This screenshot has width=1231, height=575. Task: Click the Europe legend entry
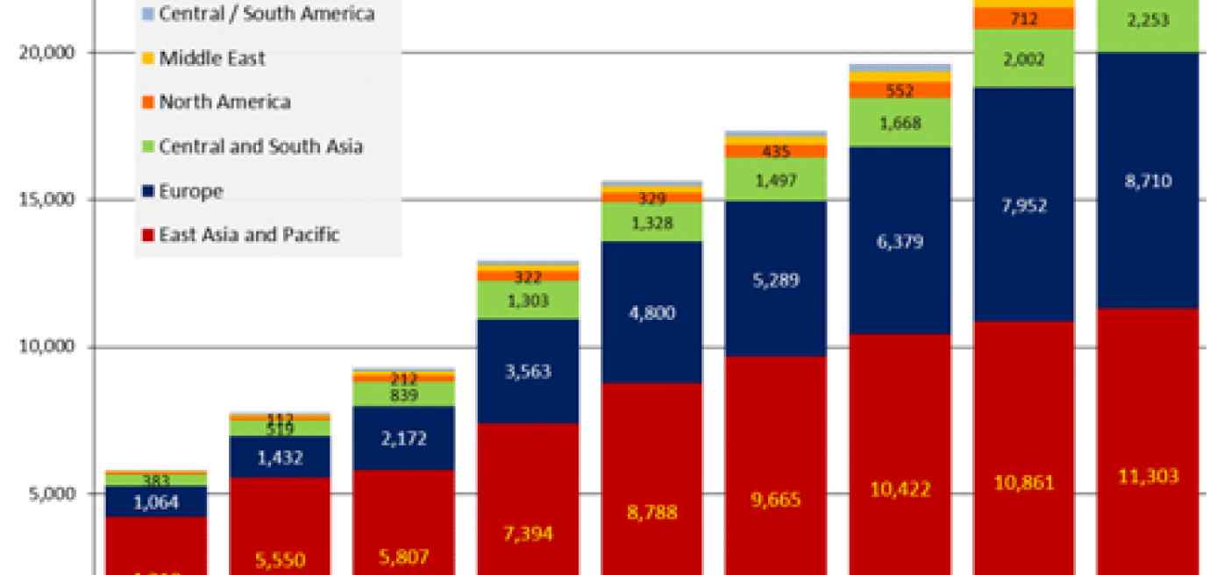pyautogui.click(x=190, y=191)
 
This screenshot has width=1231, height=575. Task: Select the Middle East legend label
pyautogui.click(x=211, y=59)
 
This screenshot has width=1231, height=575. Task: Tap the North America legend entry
pyautogui.click(x=224, y=102)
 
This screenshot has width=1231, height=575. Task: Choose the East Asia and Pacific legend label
pyautogui.click(x=248, y=235)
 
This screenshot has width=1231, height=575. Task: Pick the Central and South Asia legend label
pyautogui.click(x=260, y=146)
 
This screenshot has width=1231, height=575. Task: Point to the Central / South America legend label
pyautogui.click(x=266, y=14)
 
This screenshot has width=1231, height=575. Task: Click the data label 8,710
pyautogui.click(x=1147, y=181)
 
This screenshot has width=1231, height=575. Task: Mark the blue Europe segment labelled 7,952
pyautogui.click(x=1023, y=205)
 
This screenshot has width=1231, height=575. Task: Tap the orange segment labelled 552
pyautogui.click(x=900, y=89)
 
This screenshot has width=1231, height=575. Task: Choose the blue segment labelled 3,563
pyautogui.click(x=528, y=371)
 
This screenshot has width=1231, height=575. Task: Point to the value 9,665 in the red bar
pyautogui.click(x=776, y=500)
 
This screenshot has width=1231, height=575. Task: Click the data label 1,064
pyautogui.click(x=155, y=502)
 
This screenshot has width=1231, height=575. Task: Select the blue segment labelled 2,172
pyautogui.click(x=404, y=437)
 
